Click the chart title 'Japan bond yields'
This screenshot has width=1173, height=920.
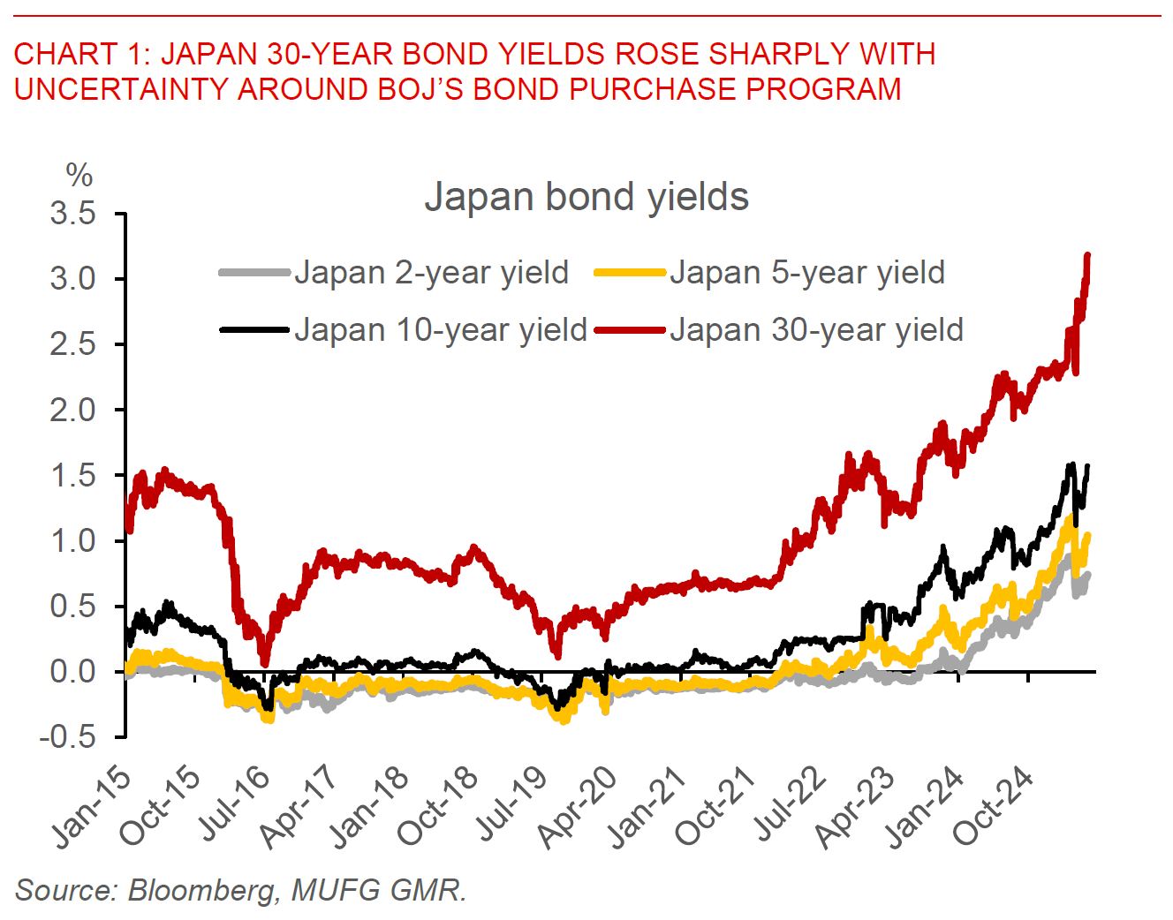586,197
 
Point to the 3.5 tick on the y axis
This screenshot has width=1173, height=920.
73,214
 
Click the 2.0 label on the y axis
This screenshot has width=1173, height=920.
73,410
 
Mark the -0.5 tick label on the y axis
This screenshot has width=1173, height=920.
67,736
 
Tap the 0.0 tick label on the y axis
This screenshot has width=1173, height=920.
73,671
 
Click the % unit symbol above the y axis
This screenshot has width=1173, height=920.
79,176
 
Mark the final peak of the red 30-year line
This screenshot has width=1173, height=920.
1087,256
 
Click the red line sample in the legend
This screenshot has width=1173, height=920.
629,330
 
